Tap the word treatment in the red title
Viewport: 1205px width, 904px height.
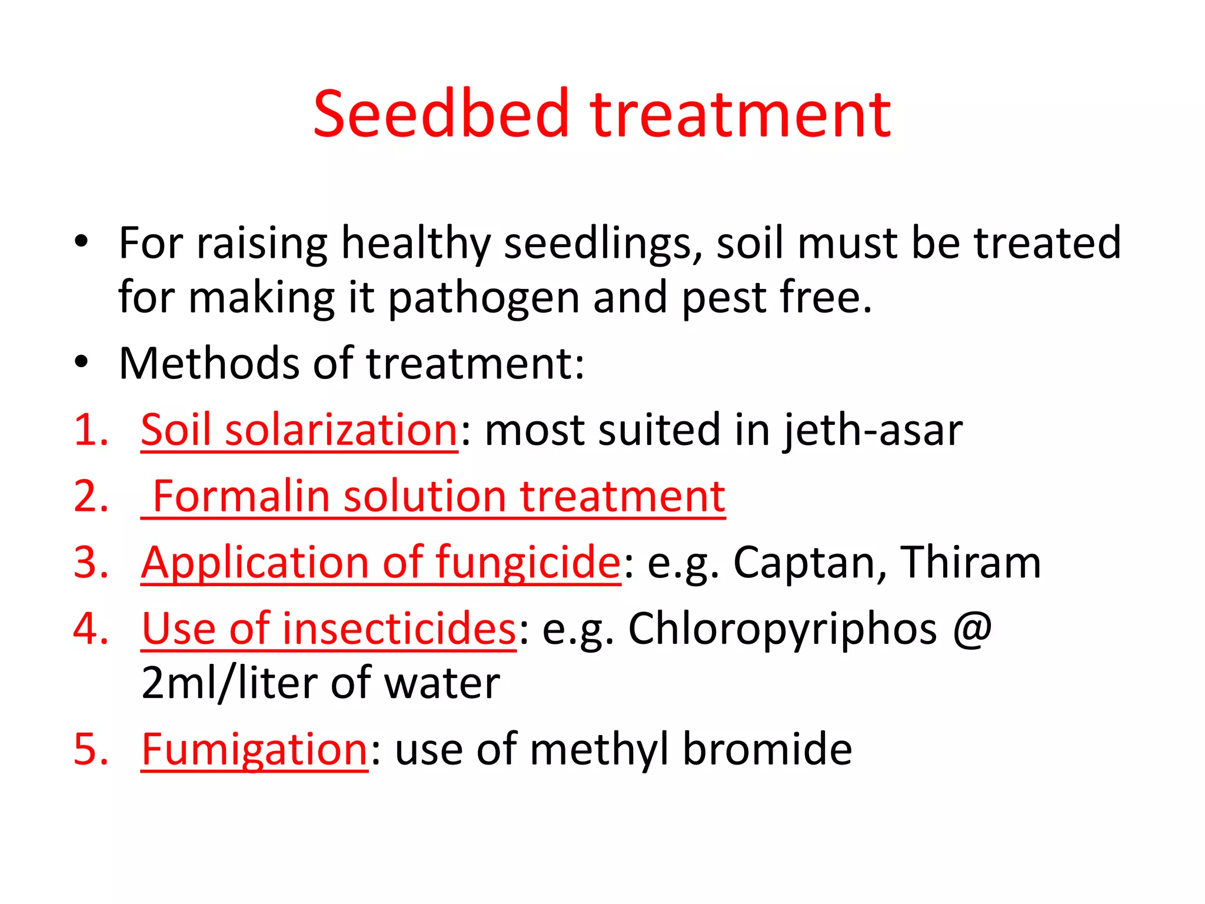pos(741,115)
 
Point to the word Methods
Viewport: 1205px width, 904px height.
pos(208,363)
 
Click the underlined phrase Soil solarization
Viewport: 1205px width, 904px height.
pos(299,430)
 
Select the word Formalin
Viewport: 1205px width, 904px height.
pos(241,496)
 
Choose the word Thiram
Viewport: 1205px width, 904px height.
pos(971,562)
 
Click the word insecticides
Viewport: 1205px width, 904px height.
pos(400,629)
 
